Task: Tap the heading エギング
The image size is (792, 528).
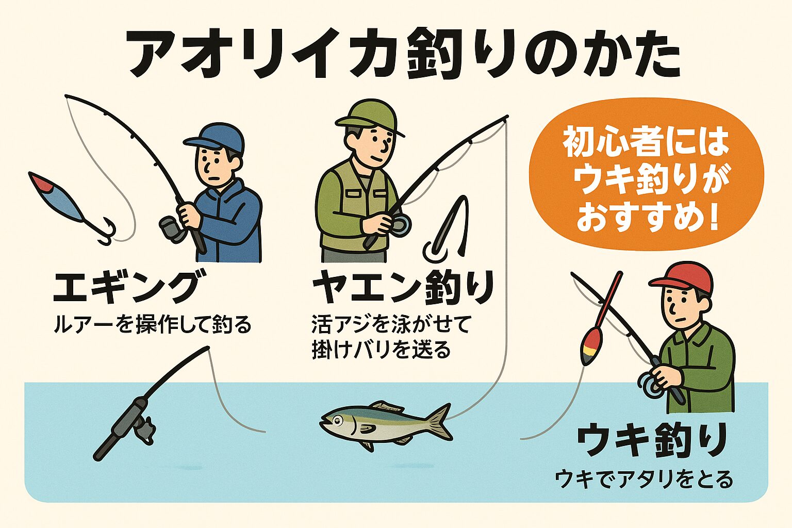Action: point(126,287)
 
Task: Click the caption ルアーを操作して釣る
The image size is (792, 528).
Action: point(153,325)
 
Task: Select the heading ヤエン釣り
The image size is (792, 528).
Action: point(403,288)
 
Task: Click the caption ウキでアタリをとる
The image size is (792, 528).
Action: point(644,480)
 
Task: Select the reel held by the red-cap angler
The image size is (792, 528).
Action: point(651,384)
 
